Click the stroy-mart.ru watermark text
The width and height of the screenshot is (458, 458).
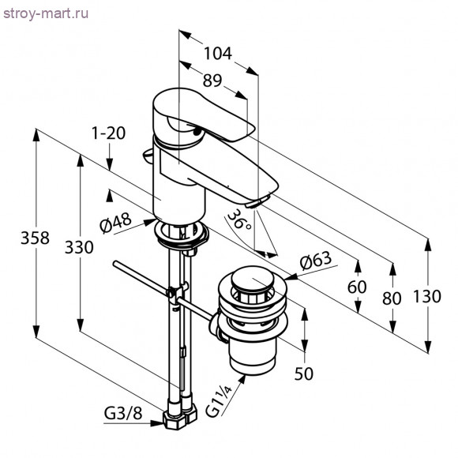[46, 14]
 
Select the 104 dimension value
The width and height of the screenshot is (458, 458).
[218, 54]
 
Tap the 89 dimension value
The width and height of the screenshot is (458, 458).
[212, 81]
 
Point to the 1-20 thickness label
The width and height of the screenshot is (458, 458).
[108, 133]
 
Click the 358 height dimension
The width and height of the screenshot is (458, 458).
[35, 238]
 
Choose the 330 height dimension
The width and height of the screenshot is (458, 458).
[79, 247]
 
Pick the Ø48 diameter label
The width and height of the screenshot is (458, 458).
[115, 223]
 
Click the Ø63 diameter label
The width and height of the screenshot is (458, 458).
[316, 261]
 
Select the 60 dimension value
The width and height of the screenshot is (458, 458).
[357, 287]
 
